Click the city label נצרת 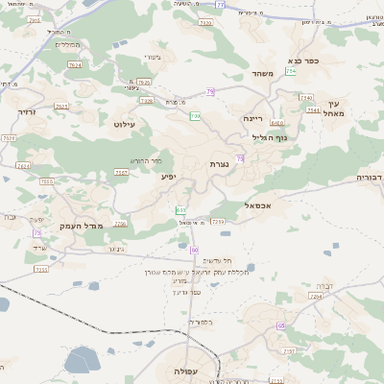218,165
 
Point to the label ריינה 252,117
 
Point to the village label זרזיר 26,112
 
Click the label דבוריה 370,178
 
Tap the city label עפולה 186,371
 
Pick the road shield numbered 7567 122,173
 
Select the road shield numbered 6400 276,123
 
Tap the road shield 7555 41,270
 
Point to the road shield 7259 218,223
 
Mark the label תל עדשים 212,260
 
